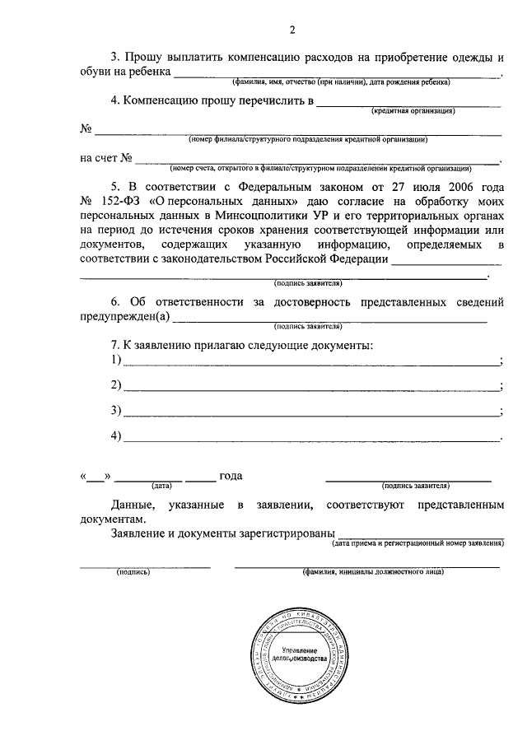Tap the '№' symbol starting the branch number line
86,129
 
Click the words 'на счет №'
107,157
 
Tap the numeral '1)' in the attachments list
116,360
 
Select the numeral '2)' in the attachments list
116,385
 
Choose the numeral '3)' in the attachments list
116,410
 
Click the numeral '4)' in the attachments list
116,435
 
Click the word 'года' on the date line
231,477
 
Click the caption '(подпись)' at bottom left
133,570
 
